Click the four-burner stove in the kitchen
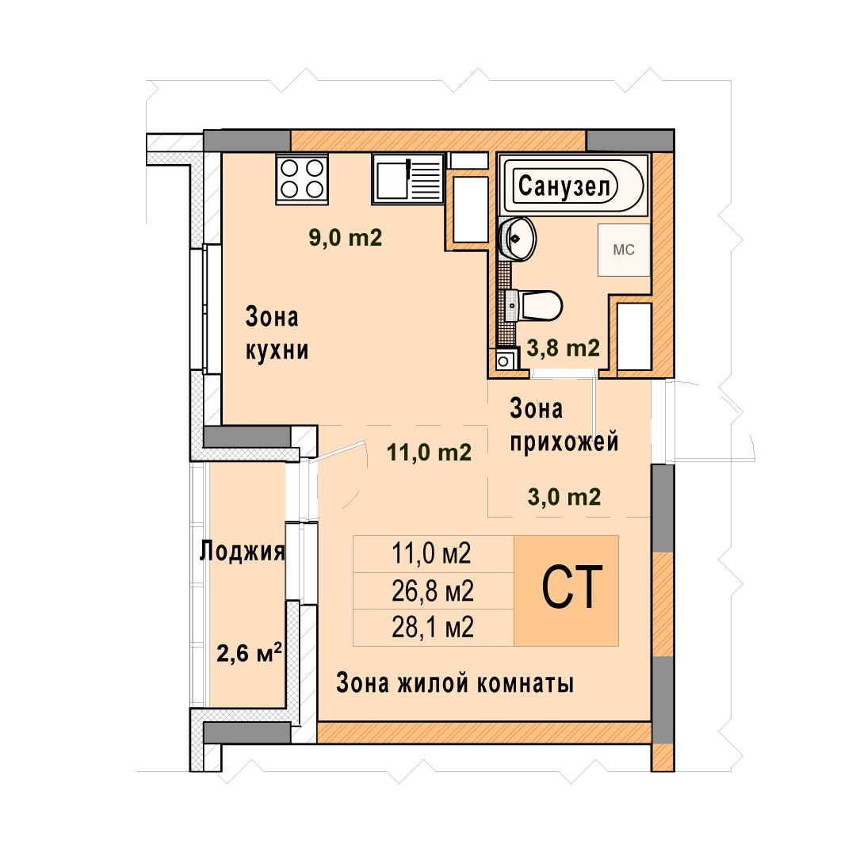point(302,178)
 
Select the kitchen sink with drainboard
point(408,178)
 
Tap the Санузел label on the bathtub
point(564,186)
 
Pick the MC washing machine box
point(624,250)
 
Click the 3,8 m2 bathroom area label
point(564,348)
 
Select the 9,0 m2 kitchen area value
point(346,238)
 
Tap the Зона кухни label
point(277,334)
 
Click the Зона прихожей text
point(564,426)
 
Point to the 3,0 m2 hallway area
point(564,497)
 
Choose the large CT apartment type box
point(566,590)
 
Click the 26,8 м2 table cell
point(433,590)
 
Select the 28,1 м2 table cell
point(433,628)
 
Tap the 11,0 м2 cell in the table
point(433,553)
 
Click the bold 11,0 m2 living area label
point(429,453)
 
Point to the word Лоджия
point(243,552)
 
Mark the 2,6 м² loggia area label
point(250,652)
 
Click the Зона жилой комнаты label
point(455,683)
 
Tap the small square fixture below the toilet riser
point(504,361)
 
